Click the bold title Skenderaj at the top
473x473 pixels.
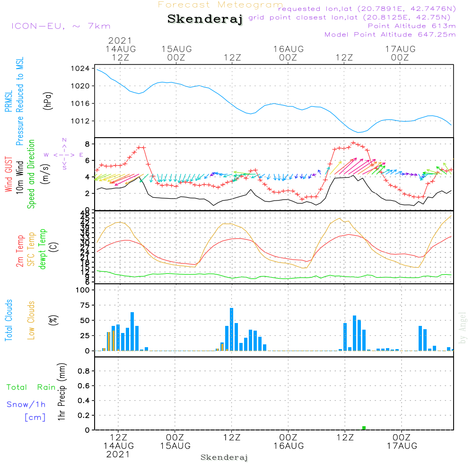tap(205, 19)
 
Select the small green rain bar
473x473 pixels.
tap(364, 428)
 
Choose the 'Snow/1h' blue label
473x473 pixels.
tap(26, 404)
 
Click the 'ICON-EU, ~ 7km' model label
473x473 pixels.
tap(61, 26)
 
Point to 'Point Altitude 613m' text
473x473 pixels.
tap(412, 26)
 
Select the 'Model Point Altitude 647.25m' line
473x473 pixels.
tap(390, 35)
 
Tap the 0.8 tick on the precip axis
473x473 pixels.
tap(83, 371)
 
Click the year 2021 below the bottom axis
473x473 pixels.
tap(118, 455)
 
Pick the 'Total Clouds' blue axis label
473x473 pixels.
tap(9, 320)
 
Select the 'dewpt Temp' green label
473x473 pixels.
tap(43, 249)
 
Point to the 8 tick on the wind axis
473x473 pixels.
tap(88, 144)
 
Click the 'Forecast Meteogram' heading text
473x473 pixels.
tap(220, 5)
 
